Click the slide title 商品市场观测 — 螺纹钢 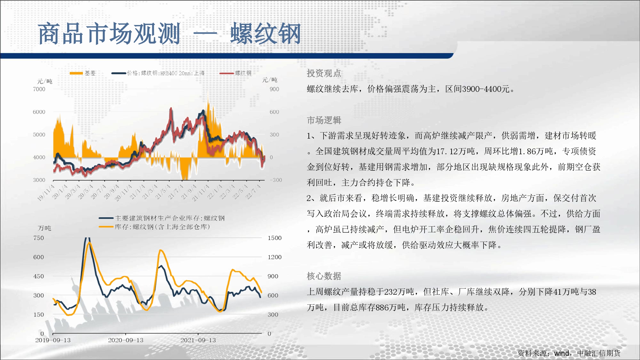click(x=170, y=34)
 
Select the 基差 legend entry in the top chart click(x=83, y=73)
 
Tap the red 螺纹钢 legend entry click(x=236, y=73)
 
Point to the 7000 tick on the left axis click(x=39, y=89)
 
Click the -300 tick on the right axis click(x=276, y=180)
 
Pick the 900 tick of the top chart click(x=274, y=89)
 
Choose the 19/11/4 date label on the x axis click(x=46, y=193)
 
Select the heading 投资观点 click(x=324, y=73)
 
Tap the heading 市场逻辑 click(x=324, y=120)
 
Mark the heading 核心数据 click(x=324, y=276)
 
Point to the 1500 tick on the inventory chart click(x=275, y=238)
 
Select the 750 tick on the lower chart click(x=39, y=238)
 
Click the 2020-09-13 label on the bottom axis click(x=126, y=340)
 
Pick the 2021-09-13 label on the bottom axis click(x=198, y=340)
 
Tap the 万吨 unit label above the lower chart click(x=44, y=228)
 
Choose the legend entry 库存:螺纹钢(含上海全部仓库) click(x=154, y=227)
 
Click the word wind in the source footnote click(x=562, y=353)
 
